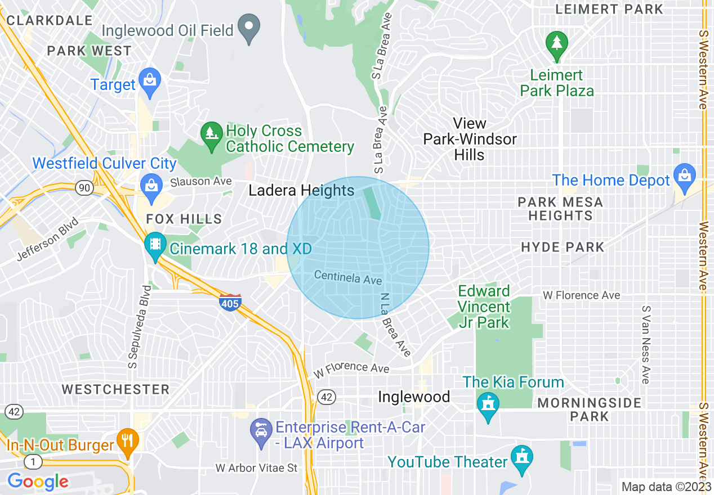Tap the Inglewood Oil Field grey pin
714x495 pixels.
pyautogui.click(x=248, y=28)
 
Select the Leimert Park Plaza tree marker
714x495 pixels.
pyautogui.click(x=556, y=44)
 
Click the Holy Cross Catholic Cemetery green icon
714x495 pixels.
pyautogui.click(x=212, y=136)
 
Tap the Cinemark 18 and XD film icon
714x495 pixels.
pyautogui.click(x=154, y=245)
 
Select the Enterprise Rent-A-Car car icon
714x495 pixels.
pyautogui.click(x=261, y=432)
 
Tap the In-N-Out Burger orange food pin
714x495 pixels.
pyautogui.click(x=127, y=442)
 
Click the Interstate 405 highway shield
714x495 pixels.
pyautogui.click(x=230, y=302)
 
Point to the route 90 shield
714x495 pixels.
pyautogui.click(x=84, y=187)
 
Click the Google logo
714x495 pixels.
pyautogui.click(x=38, y=481)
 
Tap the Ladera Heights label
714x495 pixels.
pyautogui.click(x=301, y=191)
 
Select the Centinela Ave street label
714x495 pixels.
pyautogui.click(x=348, y=277)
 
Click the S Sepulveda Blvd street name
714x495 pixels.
pyautogui.click(x=139, y=326)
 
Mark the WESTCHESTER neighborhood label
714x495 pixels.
pyautogui.click(x=115, y=389)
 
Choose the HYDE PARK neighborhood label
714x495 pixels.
pyautogui.click(x=562, y=247)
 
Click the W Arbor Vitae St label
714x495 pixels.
pyautogui.click(x=256, y=468)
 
